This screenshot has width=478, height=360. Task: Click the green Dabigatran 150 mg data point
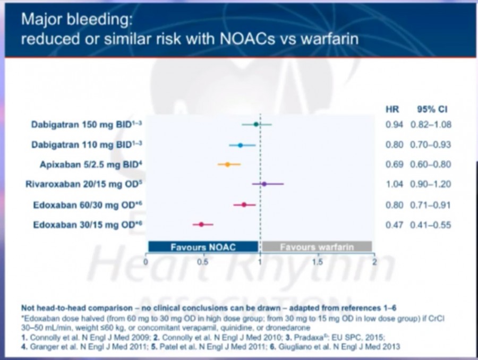(256, 124)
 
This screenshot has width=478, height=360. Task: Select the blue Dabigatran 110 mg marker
(240, 145)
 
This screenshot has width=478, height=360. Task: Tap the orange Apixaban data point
(228, 165)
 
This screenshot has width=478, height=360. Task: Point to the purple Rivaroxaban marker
(264, 184)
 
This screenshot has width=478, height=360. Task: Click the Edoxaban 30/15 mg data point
(201, 225)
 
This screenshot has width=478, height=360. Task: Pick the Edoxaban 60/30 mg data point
(244, 204)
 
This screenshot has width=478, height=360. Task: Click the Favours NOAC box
(203, 247)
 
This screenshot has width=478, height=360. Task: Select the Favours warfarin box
(317, 247)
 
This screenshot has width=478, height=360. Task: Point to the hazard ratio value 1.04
(394, 184)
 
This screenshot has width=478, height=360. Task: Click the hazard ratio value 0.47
(394, 225)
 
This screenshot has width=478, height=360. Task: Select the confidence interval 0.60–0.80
(430, 165)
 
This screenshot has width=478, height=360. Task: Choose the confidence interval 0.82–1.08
(430, 124)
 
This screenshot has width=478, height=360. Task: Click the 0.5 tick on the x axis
(202, 262)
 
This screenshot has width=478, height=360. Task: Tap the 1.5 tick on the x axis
(317, 262)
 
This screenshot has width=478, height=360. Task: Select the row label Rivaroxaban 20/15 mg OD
(83, 184)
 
